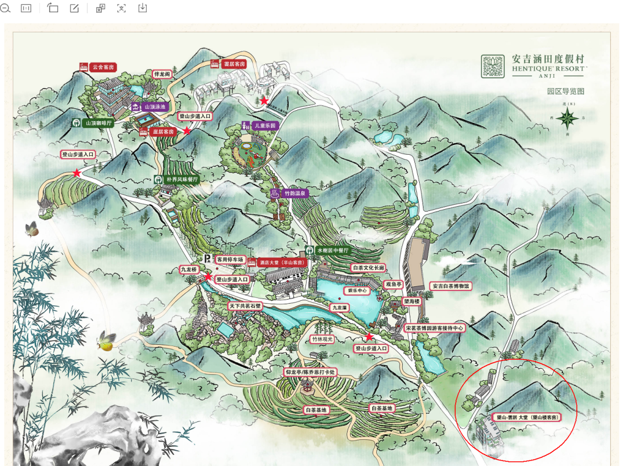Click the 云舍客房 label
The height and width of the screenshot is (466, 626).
[x=97, y=67]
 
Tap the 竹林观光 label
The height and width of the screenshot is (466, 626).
[x=323, y=339]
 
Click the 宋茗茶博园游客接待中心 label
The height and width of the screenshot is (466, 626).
[x=435, y=328]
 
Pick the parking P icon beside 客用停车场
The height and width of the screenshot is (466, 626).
[x=207, y=259]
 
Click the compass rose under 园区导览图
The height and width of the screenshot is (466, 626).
[x=566, y=119]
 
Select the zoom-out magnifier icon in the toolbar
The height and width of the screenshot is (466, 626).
[x=6, y=8]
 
